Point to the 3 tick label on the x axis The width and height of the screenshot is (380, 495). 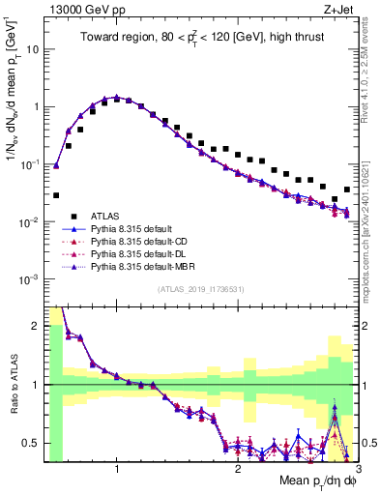tap(357, 470)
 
